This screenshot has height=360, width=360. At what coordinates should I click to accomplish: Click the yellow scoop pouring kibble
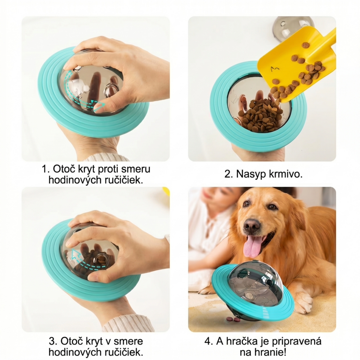(296, 64)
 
